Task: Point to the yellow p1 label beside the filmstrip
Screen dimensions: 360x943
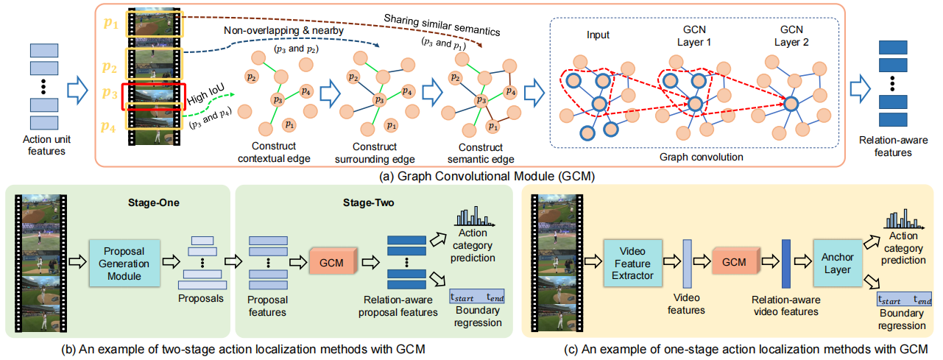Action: pyautogui.click(x=110, y=24)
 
